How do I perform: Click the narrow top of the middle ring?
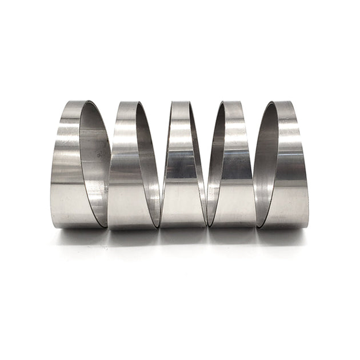180,103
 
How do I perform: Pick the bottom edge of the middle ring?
181,227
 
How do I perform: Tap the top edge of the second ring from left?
128,103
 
